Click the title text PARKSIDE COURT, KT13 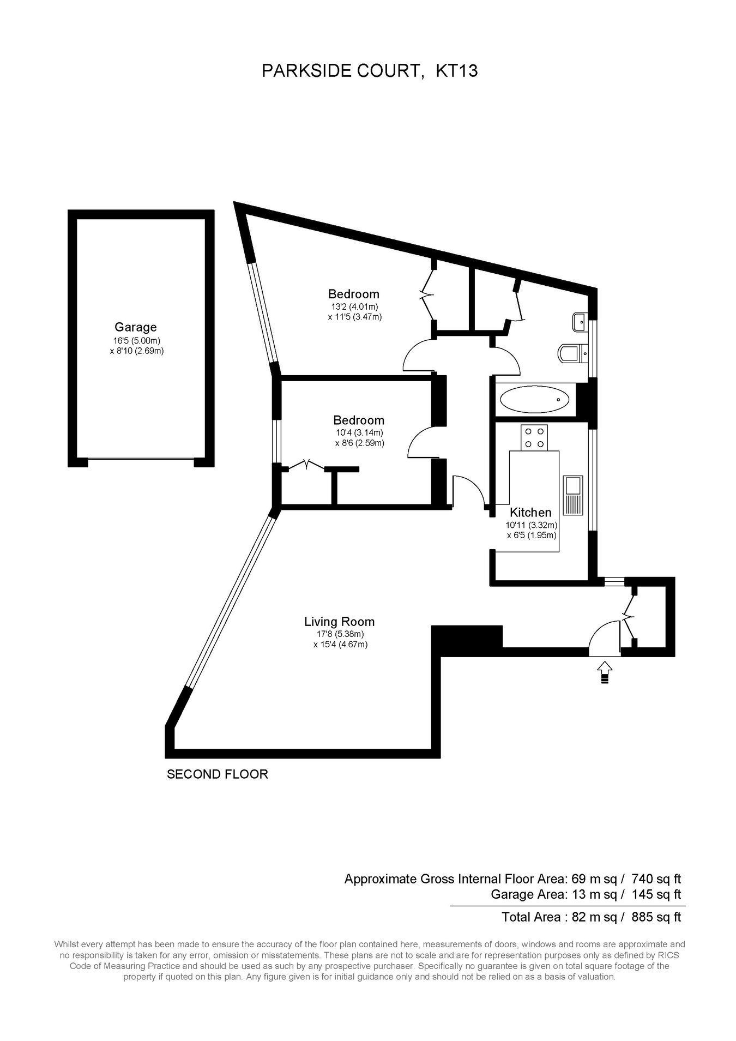tap(370, 71)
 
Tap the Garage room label tap(135, 327)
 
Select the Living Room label tap(339, 621)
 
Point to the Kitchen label tap(530, 512)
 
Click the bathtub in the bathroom tap(535, 400)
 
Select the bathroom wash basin tap(580, 322)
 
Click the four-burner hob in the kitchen tap(534, 437)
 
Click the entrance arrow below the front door tap(605, 672)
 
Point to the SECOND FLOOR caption tap(218, 774)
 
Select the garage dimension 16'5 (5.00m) tap(136, 340)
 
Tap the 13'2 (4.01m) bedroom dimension tap(354, 306)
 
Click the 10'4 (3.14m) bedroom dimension tap(359, 432)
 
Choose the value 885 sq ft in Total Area tap(656, 917)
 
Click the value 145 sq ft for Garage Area tap(656, 894)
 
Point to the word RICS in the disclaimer tap(668, 955)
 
